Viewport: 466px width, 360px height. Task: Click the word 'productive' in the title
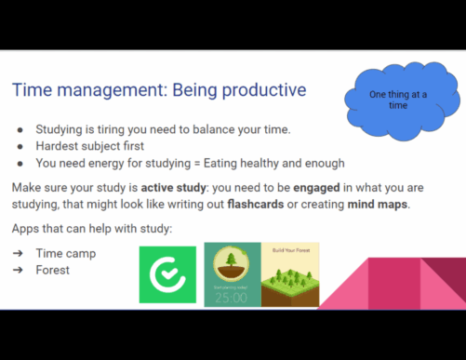click(x=264, y=90)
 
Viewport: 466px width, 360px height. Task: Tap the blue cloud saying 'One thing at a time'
click(x=402, y=100)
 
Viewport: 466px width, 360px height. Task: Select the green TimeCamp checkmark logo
click(x=167, y=274)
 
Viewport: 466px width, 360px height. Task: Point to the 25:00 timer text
click(x=232, y=298)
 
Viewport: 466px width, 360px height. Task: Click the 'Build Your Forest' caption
click(x=291, y=250)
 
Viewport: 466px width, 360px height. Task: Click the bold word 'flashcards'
click(x=256, y=205)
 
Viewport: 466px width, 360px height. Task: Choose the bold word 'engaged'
click(x=316, y=188)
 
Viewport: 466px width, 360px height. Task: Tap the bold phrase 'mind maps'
click(x=378, y=205)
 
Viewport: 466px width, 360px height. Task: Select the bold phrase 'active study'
click(x=174, y=188)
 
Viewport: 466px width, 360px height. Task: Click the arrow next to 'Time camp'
click(x=18, y=253)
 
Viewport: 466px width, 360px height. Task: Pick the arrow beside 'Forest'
click(x=18, y=270)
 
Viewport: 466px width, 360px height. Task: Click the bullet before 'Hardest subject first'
click(x=20, y=146)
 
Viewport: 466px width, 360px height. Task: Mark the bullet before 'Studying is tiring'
click(x=20, y=130)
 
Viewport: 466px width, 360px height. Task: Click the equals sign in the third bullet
click(x=197, y=164)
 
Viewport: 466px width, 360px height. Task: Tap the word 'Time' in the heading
click(x=32, y=90)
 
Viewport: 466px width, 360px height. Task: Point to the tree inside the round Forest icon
click(x=231, y=260)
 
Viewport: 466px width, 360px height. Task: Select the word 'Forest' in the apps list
click(x=53, y=270)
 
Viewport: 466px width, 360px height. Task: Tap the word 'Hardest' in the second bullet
click(x=57, y=146)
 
